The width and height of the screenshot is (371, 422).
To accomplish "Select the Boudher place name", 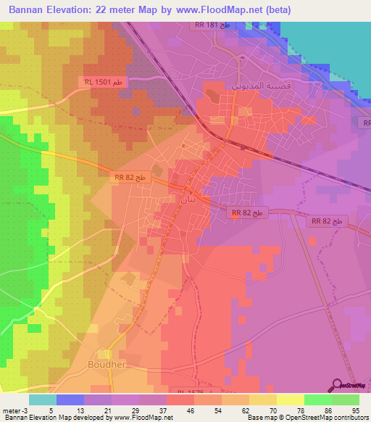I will click(x=107, y=364).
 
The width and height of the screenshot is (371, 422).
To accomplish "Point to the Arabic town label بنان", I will click(x=187, y=197).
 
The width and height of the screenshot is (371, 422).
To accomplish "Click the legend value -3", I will click(x=27, y=409).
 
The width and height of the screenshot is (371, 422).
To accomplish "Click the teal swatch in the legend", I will click(x=43, y=399).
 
